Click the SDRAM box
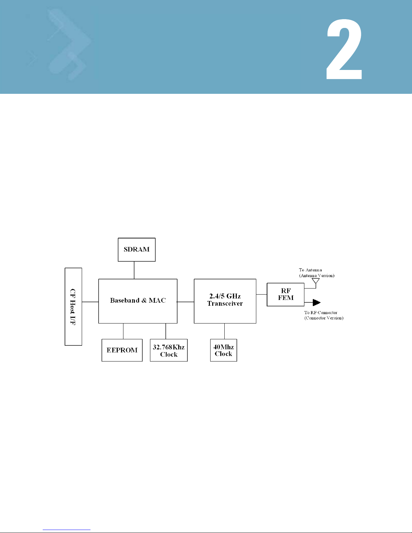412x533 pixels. pos(137,250)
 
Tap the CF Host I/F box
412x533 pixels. pos(73,306)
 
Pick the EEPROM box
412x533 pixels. pos(122,350)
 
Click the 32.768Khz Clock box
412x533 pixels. pos(168,350)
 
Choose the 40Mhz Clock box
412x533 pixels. pos(224,350)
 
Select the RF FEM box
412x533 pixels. pos(286,295)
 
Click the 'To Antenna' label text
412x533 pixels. pos(310,270)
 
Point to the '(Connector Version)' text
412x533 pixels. pos(324,318)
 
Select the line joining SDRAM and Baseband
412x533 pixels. pos(134,270)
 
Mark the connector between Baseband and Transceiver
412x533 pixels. pos(186,302)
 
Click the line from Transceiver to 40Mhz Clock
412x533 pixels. pos(224,331)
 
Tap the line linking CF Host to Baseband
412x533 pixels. pos(90,302)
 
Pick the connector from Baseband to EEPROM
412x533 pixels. pos(123,331)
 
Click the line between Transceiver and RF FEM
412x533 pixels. pos(262,295)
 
